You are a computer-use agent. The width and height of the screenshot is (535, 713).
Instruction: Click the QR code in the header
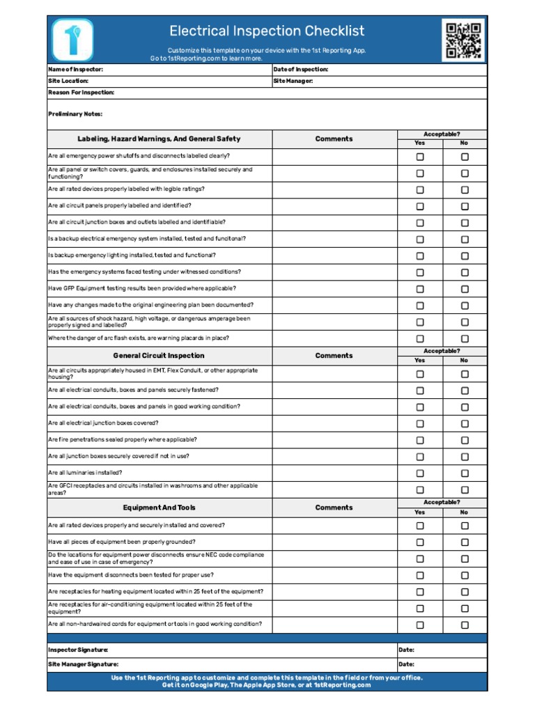tap(463, 40)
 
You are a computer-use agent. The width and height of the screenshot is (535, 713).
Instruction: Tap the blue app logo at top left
tap(72, 40)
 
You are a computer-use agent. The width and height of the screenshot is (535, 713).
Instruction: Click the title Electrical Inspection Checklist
tap(267, 31)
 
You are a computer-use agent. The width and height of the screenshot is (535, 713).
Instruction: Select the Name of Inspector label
tap(76, 70)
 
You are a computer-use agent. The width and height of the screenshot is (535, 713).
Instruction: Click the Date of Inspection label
tap(301, 70)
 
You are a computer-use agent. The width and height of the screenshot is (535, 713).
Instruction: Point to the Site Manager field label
tap(293, 81)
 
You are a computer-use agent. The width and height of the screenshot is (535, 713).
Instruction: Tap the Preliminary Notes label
tap(75, 113)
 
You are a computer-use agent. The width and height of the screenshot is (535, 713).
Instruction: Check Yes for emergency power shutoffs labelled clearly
tap(420, 157)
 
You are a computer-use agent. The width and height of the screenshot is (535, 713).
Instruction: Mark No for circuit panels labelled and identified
tap(465, 207)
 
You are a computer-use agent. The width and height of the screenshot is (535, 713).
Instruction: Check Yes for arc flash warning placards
tap(420, 339)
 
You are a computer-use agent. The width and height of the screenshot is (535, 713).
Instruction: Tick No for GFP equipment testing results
tap(465, 289)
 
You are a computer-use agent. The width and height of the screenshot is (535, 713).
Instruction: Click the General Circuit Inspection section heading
tap(159, 356)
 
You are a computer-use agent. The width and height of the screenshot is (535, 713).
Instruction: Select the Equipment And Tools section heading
tap(159, 508)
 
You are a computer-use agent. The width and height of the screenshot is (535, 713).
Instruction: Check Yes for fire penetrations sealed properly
tap(420, 440)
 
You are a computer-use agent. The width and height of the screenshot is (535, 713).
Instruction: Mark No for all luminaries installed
tap(465, 473)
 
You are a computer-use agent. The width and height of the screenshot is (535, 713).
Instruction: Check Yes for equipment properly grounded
tap(420, 542)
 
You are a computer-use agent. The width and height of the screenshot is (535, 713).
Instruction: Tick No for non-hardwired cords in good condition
tap(465, 625)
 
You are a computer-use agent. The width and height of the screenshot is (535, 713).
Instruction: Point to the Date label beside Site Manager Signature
tap(406, 664)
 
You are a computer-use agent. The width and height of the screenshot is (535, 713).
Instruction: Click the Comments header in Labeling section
tap(334, 139)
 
